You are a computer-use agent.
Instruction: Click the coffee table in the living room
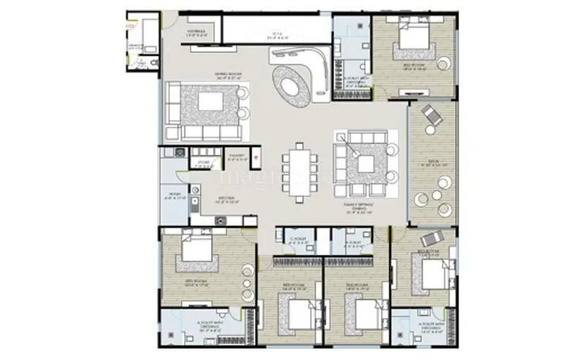coord(211,101)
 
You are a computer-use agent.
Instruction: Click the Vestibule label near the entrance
coord(197,32)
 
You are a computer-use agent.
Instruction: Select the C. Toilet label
coord(297,241)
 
